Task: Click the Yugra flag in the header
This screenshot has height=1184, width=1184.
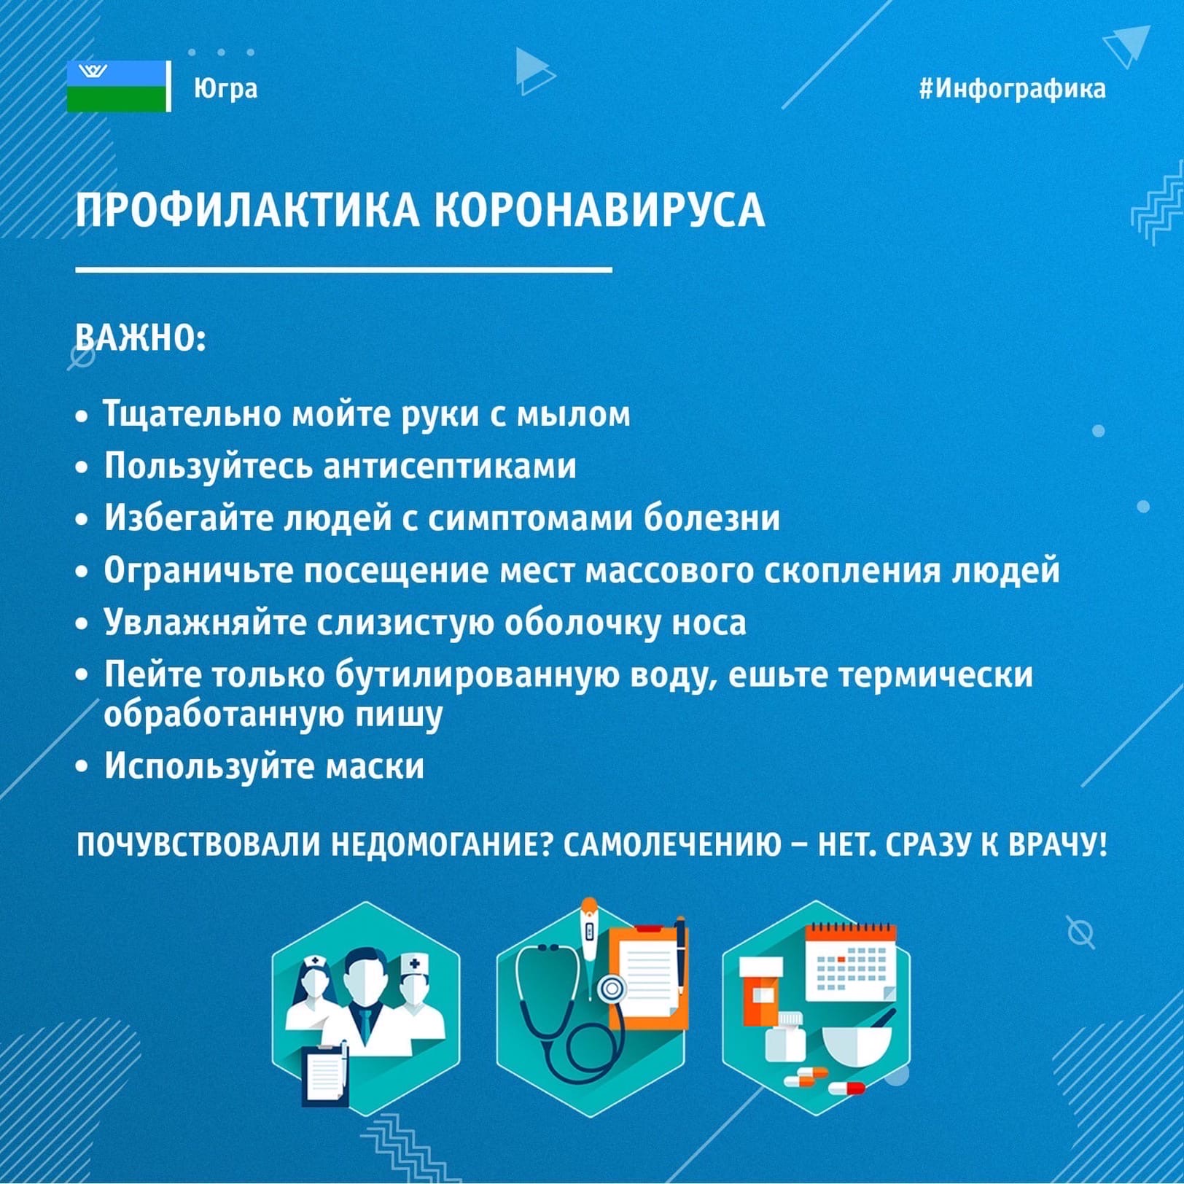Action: pos(117,87)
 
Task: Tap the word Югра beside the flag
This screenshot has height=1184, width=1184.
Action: pos(225,88)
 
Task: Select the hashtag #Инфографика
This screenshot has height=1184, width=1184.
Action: pos(1013,88)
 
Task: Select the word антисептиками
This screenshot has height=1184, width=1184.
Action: pos(449,467)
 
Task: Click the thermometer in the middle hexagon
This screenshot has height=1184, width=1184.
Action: pos(588,940)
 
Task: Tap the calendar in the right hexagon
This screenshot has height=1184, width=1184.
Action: pos(851,962)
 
